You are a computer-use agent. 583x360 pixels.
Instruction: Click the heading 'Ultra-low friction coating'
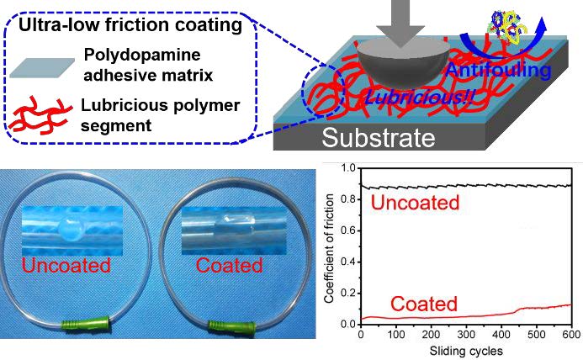click(x=131, y=25)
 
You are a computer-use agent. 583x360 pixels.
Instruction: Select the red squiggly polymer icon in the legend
click(x=42, y=115)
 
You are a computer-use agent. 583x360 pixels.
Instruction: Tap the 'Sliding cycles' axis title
click(x=465, y=349)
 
